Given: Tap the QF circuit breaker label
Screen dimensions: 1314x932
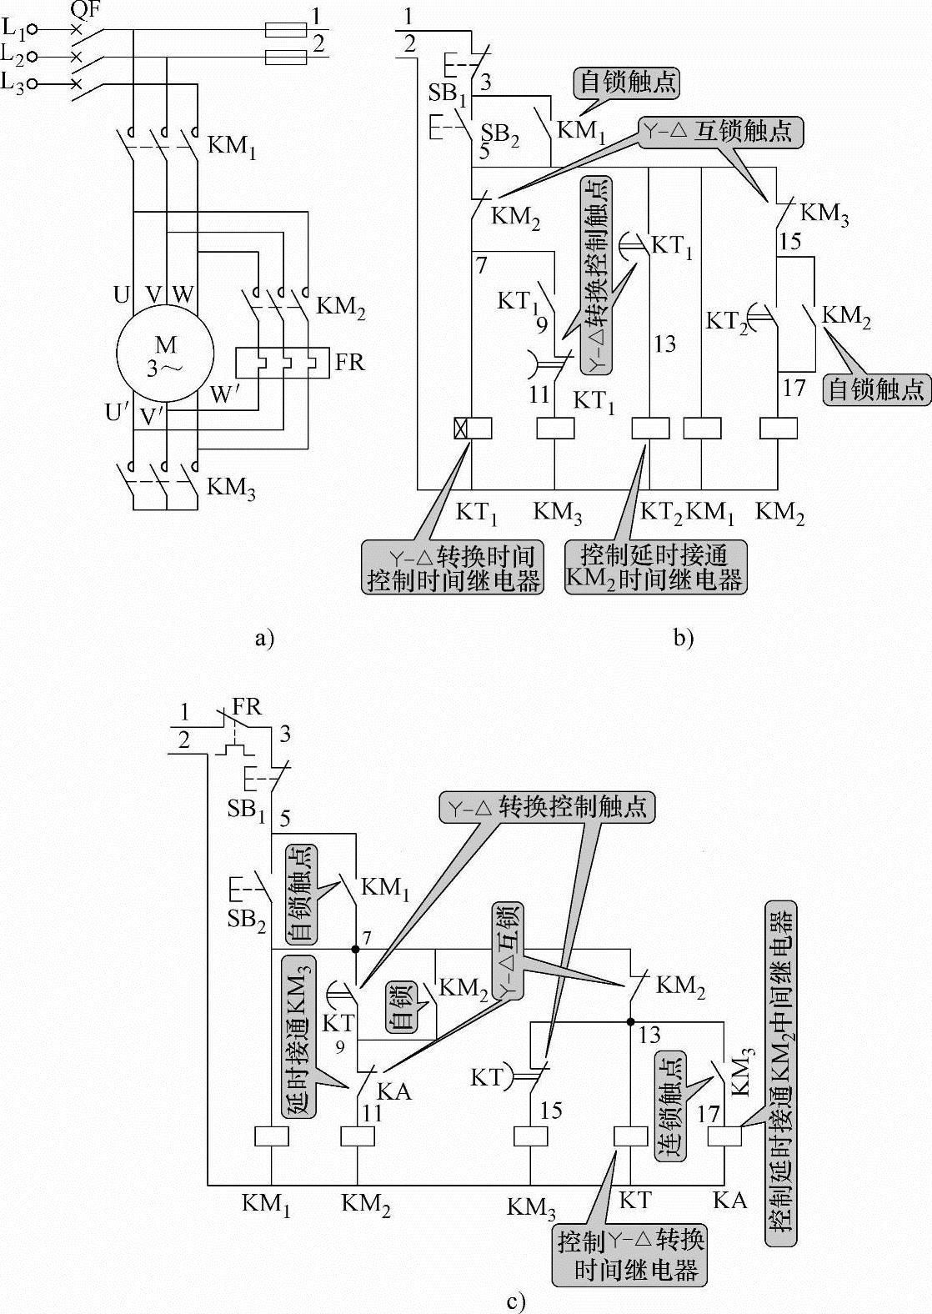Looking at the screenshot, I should coord(83,10).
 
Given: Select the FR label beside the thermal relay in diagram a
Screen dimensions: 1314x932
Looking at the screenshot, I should coord(351,364).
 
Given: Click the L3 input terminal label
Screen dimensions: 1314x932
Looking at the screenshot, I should coord(13,83).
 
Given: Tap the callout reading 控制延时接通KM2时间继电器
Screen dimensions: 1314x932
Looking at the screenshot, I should coord(655,568).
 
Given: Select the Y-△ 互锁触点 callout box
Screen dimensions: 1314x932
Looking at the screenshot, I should coord(722,132).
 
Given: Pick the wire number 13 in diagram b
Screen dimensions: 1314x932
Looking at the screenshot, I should coord(664,344).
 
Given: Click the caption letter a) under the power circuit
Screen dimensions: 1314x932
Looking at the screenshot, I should coord(263,639).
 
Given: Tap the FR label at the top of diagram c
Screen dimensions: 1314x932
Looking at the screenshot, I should coord(247,707).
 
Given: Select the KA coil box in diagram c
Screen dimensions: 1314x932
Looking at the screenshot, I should coord(724,1136).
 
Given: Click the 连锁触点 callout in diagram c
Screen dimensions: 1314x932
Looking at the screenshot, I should coord(672,1106).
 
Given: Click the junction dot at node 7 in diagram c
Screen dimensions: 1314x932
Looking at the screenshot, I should coord(356,949).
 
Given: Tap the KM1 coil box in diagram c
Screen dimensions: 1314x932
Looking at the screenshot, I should coord(270,1136).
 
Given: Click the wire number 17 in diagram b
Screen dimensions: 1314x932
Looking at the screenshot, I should coord(794,387).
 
